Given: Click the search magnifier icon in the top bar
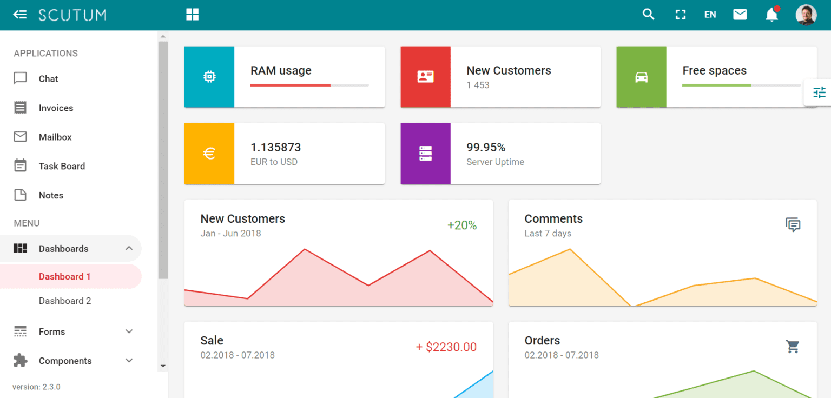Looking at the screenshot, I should (x=648, y=15).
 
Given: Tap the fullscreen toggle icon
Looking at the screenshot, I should (x=681, y=15).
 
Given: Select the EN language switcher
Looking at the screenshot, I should (x=710, y=15).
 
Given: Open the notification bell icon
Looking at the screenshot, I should (x=771, y=15).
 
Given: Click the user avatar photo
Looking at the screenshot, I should (x=806, y=15).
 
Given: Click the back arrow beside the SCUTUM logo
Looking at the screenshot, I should (x=20, y=15).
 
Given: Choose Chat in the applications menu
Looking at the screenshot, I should (x=48, y=79).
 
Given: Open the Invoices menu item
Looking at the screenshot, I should (x=56, y=108).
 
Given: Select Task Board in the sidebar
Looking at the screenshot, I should (x=62, y=167).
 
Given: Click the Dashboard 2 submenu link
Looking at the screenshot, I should (x=65, y=301).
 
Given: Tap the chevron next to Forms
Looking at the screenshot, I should (x=129, y=331).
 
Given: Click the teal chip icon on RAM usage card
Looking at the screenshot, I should (x=209, y=77).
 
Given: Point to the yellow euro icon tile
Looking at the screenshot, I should (x=209, y=154).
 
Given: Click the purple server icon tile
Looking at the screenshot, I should (x=426, y=154).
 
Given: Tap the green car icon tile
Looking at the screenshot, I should (x=642, y=77).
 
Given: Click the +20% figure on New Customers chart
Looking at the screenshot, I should (x=462, y=225).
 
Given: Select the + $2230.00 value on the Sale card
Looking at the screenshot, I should (x=446, y=347).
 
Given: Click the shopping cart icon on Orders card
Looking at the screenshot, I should (x=793, y=347).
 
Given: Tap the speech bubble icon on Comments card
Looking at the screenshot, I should (x=793, y=225).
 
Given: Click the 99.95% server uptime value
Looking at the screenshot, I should (x=486, y=148).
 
